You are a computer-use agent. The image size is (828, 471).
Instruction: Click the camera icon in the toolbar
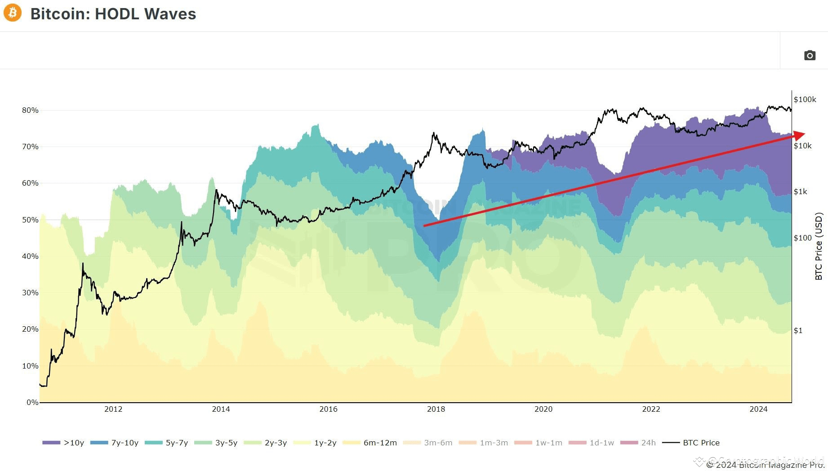[x=810, y=55]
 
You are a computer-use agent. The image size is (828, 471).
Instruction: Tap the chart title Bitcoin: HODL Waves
[x=113, y=14]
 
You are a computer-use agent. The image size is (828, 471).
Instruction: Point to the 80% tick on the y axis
[x=30, y=110]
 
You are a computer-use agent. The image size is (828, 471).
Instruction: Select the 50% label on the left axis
[x=30, y=220]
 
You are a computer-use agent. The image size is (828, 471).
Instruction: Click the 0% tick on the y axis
[x=32, y=402]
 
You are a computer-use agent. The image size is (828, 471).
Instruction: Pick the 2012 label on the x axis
[x=113, y=409]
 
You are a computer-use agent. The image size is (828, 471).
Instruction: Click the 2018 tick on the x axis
[x=436, y=409]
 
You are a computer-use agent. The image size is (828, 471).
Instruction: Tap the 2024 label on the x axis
[x=758, y=409]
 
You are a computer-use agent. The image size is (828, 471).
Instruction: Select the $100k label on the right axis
[x=805, y=99]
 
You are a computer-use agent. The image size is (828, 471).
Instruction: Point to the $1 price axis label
[x=798, y=330]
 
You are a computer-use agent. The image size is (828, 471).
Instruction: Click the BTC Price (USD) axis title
[x=819, y=246]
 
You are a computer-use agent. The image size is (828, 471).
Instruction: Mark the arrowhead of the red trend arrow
[x=799, y=135]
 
